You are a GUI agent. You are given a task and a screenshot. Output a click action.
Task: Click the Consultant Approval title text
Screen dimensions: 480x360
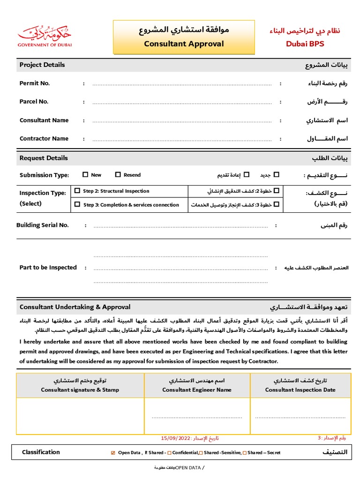[x=184, y=44]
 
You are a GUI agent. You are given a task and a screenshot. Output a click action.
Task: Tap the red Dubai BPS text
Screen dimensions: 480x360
[x=305, y=44]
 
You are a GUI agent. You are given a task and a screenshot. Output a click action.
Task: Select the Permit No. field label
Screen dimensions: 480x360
[x=35, y=83]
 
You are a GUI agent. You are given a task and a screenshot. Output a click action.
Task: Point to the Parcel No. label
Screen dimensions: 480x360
[x=34, y=102]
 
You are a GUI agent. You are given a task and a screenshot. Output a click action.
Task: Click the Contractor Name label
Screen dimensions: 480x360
[x=44, y=139]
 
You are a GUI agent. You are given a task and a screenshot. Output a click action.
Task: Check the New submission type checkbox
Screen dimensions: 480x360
[x=85, y=175]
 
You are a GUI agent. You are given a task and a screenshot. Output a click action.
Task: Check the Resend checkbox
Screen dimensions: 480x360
[x=118, y=175]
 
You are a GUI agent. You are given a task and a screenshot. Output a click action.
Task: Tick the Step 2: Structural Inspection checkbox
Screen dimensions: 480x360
[x=77, y=191]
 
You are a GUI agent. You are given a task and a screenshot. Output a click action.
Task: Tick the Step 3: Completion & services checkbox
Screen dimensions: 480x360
[x=77, y=204]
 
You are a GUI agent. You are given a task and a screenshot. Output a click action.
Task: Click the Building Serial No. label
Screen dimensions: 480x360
[x=42, y=225]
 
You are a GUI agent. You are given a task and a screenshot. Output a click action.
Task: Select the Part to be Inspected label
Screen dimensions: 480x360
[x=48, y=268]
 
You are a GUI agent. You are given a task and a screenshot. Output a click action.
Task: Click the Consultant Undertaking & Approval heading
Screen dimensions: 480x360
[x=75, y=307]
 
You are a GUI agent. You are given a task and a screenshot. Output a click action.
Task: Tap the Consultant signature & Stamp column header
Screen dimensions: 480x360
[x=80, y=390]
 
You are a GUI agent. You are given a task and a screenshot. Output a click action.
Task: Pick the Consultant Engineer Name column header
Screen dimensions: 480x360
[x=197, y=390]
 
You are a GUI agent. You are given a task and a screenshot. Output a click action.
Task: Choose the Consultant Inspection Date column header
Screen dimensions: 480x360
[x=300, y=390]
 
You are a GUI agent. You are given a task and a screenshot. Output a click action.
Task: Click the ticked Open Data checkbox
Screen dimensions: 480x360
[x=112, y=453]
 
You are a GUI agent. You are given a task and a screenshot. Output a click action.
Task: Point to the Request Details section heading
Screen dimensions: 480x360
[x=44, y=158]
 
